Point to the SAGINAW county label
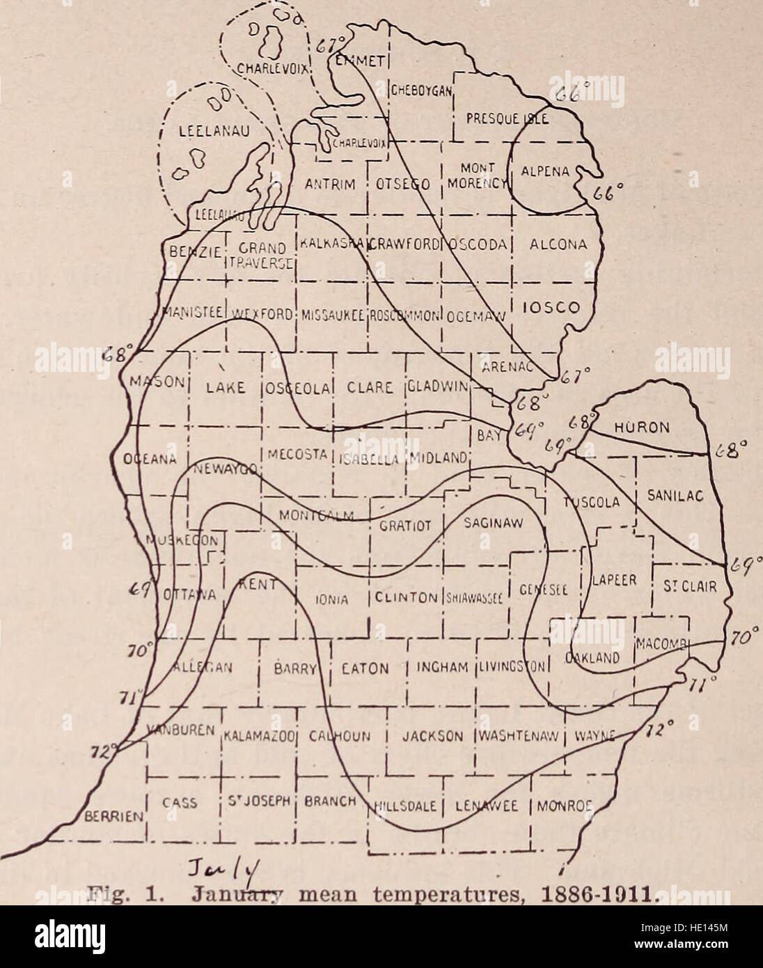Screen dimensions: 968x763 494,522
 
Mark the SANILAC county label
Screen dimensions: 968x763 677,494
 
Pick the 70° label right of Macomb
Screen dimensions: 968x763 739,635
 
